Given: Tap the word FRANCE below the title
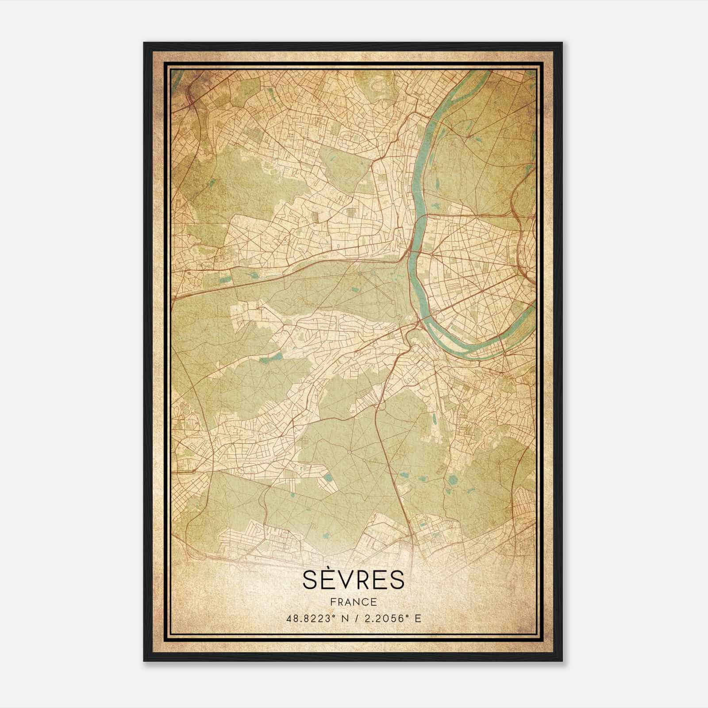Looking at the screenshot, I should tap(353, 602).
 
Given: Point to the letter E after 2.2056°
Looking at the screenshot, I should tap(418, 618).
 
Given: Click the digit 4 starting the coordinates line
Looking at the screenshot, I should tap(289, 618).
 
